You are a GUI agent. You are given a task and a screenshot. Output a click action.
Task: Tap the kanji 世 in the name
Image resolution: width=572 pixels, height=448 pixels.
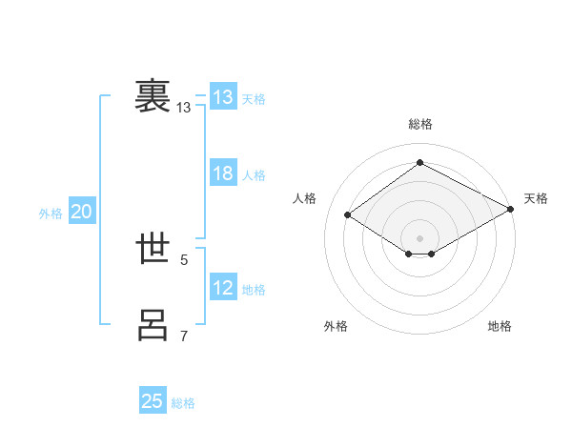tap(153, 249)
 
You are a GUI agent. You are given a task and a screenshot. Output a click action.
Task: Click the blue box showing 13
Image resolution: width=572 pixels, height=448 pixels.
tap(223, 97)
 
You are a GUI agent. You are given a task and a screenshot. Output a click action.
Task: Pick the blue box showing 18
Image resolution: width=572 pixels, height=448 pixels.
tap(223, 173)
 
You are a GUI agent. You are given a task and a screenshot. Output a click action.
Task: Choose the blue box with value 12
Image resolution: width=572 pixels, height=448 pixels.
tap(223, 288)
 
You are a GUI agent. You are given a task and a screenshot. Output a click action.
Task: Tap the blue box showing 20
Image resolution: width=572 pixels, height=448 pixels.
tap(82, 212)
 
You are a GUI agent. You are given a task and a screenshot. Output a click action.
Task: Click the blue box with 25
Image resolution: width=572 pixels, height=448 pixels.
tap(153, 401)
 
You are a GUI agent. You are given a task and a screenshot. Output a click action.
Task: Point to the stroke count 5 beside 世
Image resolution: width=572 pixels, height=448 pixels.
tap(184, 259)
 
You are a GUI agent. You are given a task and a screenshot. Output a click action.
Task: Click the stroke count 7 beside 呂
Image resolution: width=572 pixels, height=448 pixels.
tap(184, 336)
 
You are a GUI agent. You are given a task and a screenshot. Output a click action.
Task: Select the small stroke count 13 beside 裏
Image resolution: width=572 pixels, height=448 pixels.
tap(184, 108)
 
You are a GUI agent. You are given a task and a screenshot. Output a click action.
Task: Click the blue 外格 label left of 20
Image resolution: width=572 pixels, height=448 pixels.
tap(51, 214)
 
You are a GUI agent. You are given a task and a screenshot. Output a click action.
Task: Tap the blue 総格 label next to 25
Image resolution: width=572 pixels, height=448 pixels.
tap(183, 403)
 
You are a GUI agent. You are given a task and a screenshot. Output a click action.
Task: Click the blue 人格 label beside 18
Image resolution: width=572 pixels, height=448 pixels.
tap(254, 175)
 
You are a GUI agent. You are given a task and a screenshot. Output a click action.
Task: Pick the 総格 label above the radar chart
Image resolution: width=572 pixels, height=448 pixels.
tap(419, 124)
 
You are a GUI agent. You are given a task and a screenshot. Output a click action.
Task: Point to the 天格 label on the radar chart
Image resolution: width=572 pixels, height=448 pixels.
tap(536, 198)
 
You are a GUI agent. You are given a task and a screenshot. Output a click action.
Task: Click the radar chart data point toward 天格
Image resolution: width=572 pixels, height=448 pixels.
tap(511, 211)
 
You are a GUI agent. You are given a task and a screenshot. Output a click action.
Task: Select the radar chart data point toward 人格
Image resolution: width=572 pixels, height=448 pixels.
tap(348, 215)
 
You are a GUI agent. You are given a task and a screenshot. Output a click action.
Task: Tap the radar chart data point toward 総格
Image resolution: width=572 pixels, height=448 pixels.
tap(419, 163)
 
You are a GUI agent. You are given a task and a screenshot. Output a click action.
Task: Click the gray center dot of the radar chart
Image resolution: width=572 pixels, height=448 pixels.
tap(419, 237)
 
